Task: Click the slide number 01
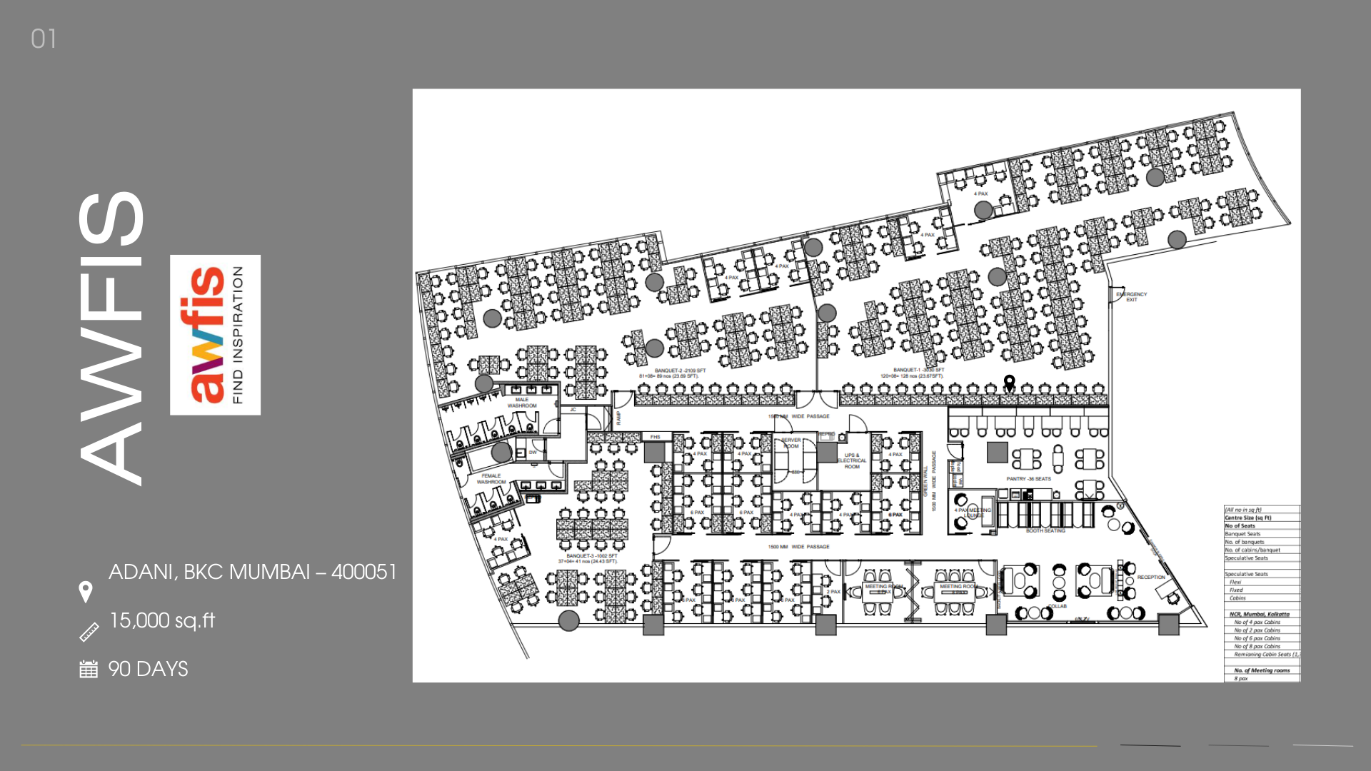click(x=44, y=39)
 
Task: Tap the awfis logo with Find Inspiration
click(x=215, y=335)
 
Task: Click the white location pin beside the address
click(x=86, y=592)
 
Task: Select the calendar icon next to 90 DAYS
click(x=89, y=669)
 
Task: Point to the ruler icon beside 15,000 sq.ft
click(x=89, y=632)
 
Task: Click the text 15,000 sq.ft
click(x=162, y=620)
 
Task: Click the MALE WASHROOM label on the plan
click(x=522, y=403)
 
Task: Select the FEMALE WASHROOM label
click(x=491, y=478)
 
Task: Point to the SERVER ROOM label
click(x=791, y=443)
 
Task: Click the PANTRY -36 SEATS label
click(x=1028, y=479)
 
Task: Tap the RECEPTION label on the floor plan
click(x=1150, y=577)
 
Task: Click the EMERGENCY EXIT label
click(x=1132, y=296)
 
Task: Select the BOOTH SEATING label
click(x=1045, y=531)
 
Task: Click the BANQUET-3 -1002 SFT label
click(x=591, y=555)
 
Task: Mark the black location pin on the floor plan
click(x=1009, y=382)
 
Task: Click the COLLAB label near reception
click(x=1058, y=606)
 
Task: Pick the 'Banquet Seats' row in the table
click(x=1243, y=534)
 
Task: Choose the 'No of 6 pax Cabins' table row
click(x=1257, y=638)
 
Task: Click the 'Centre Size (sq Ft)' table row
click(x=1248, y=518)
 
